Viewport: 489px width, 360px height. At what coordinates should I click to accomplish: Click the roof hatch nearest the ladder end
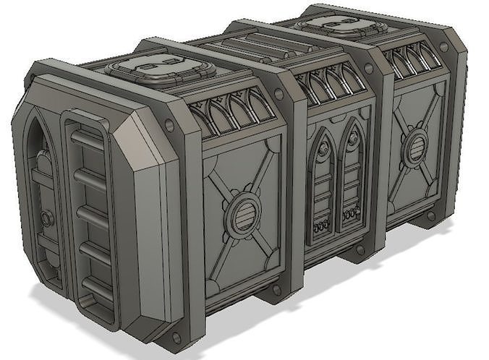161,70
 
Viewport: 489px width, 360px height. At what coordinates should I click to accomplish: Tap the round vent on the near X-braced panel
240,215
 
